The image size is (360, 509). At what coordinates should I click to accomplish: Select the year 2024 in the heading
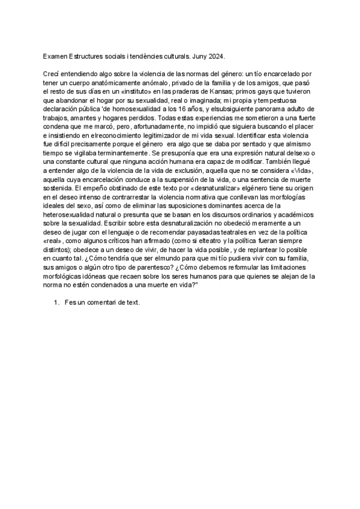(x=215, y=56)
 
